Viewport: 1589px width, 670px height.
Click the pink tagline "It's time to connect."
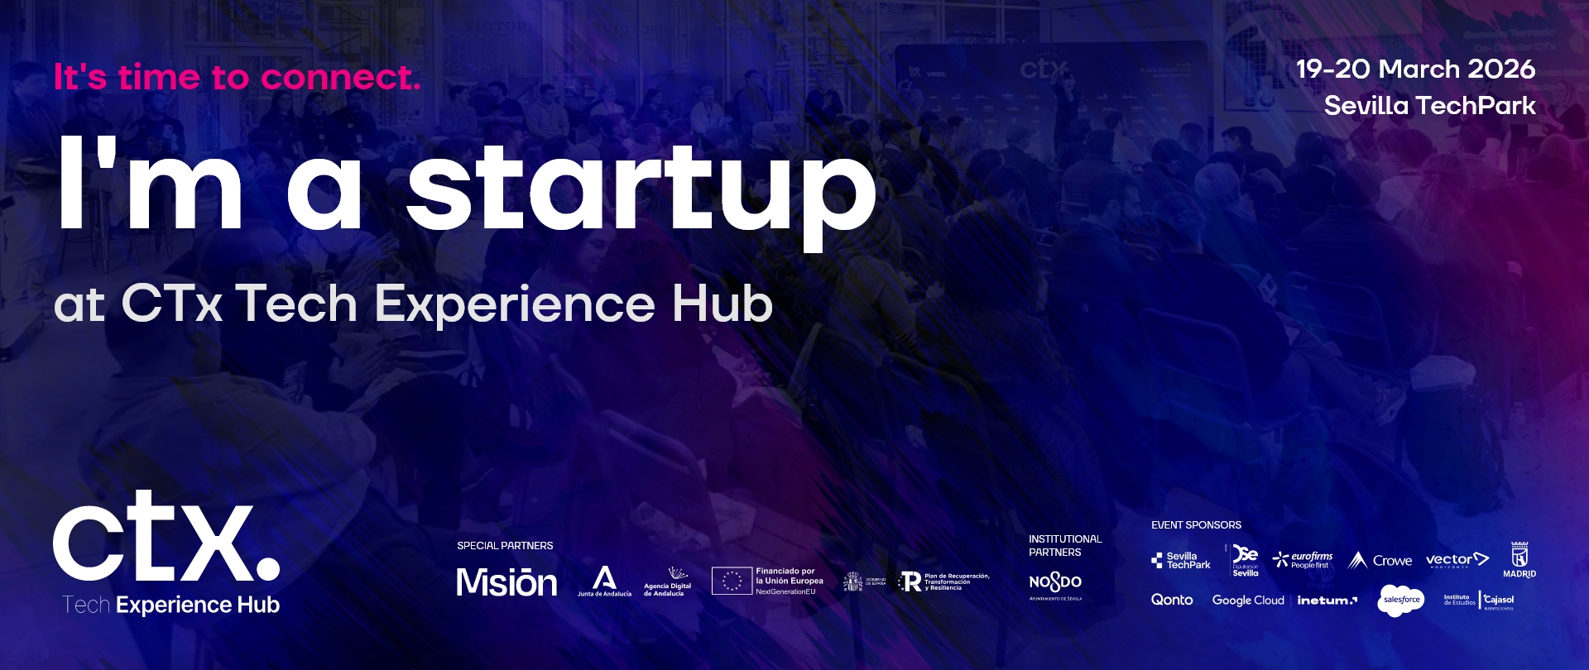pyautogui.click(x=238, y=78)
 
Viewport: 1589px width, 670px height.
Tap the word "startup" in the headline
pyautogui.click(x=641, y=190)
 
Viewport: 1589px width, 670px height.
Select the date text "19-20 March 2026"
pyautogui.click(x=1415, y=69)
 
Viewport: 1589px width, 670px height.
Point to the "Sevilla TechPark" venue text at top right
pyautogui.click(x=1429, y=106)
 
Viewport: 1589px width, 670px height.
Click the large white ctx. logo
pyautogui.click(x=166, y=538)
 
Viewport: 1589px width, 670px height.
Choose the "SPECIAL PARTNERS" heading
pyautogui.click(x=505, y=546)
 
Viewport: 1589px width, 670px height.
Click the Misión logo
pyautogui.click(x=506, y=582)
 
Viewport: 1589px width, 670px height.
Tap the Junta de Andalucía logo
pyautogui.click(x=604, y=581)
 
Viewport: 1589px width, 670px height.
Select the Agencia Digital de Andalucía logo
pyautogui.click(x=668, y=581)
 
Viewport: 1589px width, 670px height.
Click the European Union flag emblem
pyautogui.click(x=732, y=581)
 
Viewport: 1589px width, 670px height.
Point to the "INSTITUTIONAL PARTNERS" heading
pyautogui.click(x=1064, y=545)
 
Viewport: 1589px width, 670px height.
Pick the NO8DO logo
pyautogui.click(x=1055, y=583)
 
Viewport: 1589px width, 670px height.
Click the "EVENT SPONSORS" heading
pyautogui.click(x=1196, y=525)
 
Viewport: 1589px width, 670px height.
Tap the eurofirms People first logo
pyautogui.click(x=1303, y=560)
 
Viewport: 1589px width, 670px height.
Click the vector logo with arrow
pyautogui.click(x=1457, y=560)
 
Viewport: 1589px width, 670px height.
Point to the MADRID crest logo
pyautogui.click(x=1519, y=559)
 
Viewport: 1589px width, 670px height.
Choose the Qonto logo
pyautogui.click(x=1172, y=600)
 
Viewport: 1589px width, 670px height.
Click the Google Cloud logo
pyautogui.click(x=1248, y=601)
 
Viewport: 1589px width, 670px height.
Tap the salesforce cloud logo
pyautogui.click(x=1401, y=600)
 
